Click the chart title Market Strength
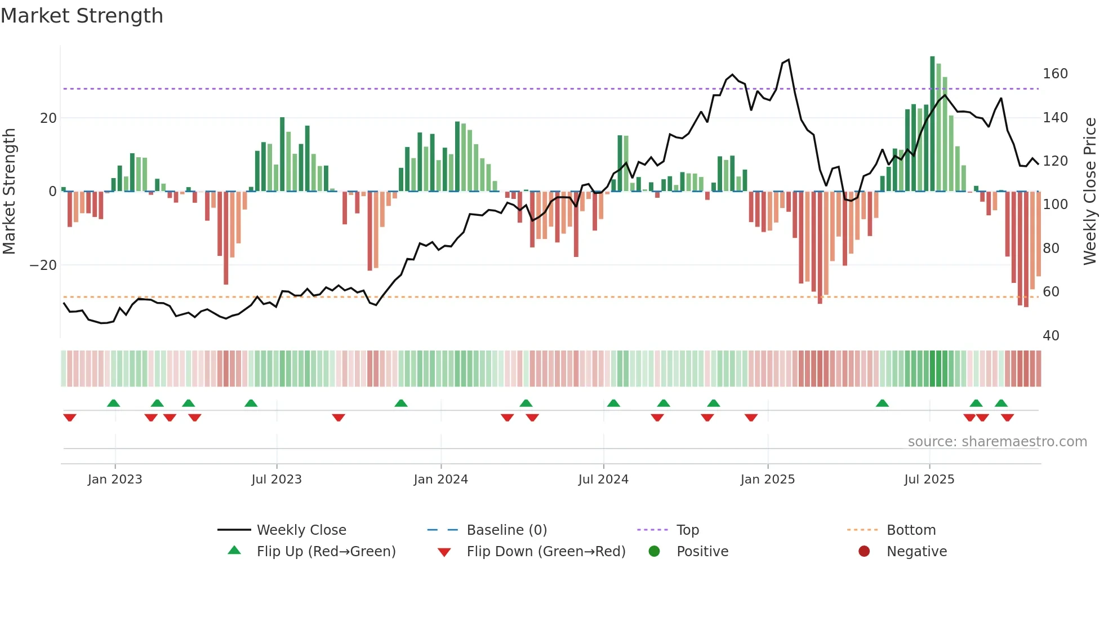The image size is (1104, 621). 82,16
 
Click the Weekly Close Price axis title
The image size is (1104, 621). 1090,192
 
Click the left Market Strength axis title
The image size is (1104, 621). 9,192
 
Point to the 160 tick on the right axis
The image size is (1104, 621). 1055,74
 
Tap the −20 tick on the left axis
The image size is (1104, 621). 43,265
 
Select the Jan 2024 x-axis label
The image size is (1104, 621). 440,480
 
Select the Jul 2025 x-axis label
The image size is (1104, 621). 929,480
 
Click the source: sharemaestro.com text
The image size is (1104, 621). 997,442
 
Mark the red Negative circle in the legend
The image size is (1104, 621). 864,552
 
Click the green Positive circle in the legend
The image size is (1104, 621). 654,552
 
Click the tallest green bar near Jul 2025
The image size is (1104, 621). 932,124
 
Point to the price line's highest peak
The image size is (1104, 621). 788,60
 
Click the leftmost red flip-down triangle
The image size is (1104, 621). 70,418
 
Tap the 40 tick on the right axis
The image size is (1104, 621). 1051,336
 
